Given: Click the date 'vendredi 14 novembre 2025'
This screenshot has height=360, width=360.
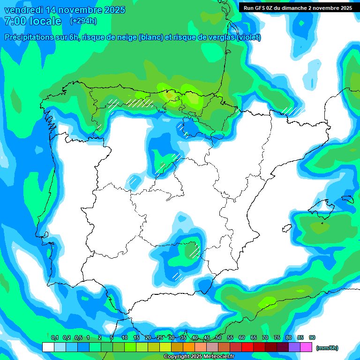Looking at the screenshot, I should click(65, 10).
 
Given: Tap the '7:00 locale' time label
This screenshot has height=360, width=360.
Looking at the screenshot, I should click(32, 21).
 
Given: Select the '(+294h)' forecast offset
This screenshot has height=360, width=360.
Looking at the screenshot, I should click(83, 21).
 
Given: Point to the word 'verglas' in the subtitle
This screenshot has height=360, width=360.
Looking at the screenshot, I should click(217, 37).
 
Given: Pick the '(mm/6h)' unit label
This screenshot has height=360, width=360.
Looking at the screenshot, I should click(327, 347).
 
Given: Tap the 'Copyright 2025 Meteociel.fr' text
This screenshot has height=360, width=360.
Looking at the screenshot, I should click(199, 357).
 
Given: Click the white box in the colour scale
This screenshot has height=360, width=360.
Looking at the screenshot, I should click(48, 347).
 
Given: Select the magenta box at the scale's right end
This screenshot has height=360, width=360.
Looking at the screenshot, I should click(306, 347).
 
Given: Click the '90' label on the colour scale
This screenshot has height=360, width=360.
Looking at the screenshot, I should click(312, 337).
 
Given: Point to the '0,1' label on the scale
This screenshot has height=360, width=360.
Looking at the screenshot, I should click(54, 337).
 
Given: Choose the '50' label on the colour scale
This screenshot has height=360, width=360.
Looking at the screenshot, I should click(218, 337).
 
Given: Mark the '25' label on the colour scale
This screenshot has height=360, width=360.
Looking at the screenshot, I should click(160, 337).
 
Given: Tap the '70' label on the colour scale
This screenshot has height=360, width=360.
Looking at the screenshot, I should click(265, 337).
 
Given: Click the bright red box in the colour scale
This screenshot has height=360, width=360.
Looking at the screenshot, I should click(247, 347).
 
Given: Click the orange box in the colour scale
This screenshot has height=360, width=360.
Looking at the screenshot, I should click(189, 347).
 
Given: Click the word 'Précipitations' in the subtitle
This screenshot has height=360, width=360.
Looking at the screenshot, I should click(36, 37).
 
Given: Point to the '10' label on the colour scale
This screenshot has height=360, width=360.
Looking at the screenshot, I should click(125, 337).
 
